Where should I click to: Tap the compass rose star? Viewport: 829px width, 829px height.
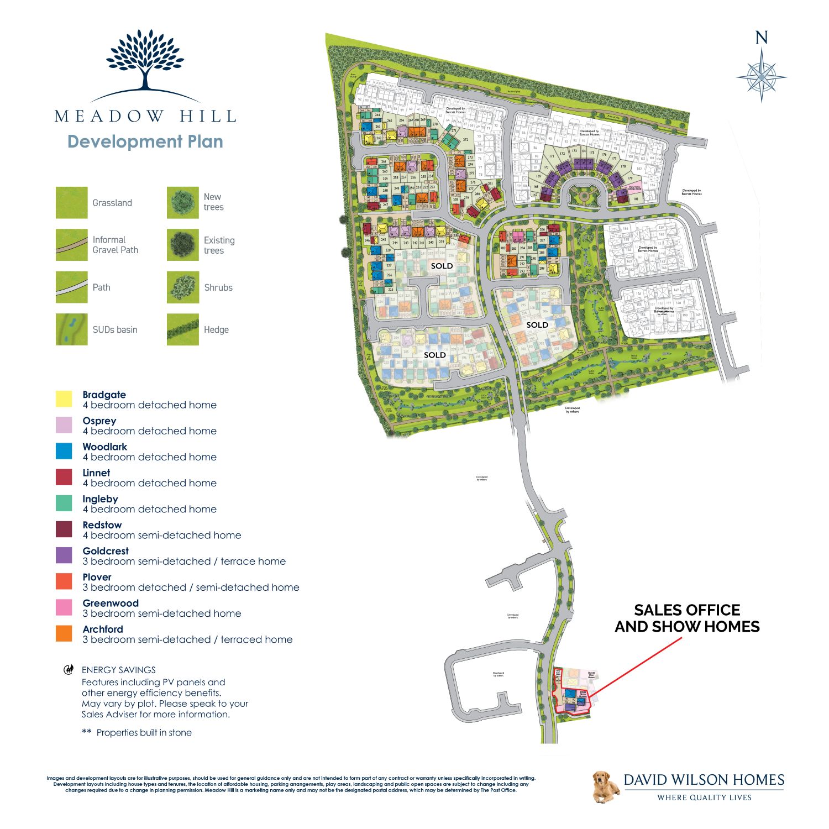762,76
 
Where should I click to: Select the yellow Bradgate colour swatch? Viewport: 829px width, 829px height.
64,399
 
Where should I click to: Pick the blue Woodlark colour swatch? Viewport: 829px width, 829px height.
64,451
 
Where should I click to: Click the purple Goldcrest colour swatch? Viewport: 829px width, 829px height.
64,555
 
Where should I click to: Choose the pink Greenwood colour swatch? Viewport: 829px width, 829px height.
64,607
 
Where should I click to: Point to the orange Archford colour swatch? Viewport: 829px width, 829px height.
64,633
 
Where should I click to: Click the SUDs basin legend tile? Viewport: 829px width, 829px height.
71,329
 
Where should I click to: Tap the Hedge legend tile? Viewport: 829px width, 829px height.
183,329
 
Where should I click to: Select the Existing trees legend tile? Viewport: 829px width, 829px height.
183,245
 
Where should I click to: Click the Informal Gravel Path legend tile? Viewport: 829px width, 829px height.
71,245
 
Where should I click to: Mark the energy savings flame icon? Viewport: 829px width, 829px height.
69,670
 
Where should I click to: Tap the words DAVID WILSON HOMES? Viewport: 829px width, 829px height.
704,780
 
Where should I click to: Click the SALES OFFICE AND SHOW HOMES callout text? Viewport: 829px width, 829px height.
687,618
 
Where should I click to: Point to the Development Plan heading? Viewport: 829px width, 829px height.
145,141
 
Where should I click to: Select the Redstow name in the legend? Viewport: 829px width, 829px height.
102,525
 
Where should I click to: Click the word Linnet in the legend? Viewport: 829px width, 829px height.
96,473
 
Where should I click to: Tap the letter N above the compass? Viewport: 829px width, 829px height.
762,38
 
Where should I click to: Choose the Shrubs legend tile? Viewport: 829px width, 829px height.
183,287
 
